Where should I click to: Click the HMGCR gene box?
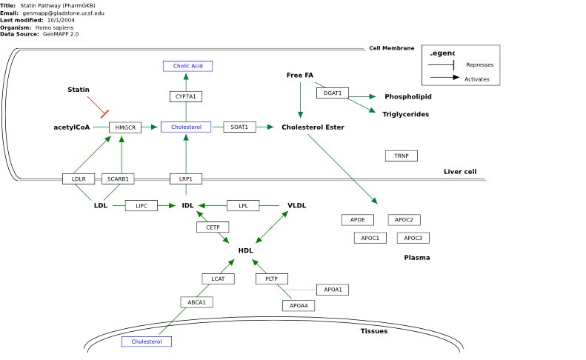pos(125,127)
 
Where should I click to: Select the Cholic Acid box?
pos(187,66)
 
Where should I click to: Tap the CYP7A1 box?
pos(186,96)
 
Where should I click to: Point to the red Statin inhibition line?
pos(98,107)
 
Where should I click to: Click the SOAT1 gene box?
pos(239,127)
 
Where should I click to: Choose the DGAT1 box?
pos(333,93)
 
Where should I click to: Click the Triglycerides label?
pos(405,114)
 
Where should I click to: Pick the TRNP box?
pos(402,156)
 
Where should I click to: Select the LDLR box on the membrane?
pos(79,179)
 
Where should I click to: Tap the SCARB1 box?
pos(118,179)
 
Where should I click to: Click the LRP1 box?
pos(186,179)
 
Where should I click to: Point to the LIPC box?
pos(141,206)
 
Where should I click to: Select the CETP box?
pos(213,227)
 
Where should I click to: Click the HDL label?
pos(245,250)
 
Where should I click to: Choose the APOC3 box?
pos(413,238)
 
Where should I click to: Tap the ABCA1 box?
pos(196,302)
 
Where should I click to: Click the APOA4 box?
pos(299,306)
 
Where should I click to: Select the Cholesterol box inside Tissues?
pos(147,341)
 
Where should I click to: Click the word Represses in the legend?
pos(480,65)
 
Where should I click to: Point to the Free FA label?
pos(300,75)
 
